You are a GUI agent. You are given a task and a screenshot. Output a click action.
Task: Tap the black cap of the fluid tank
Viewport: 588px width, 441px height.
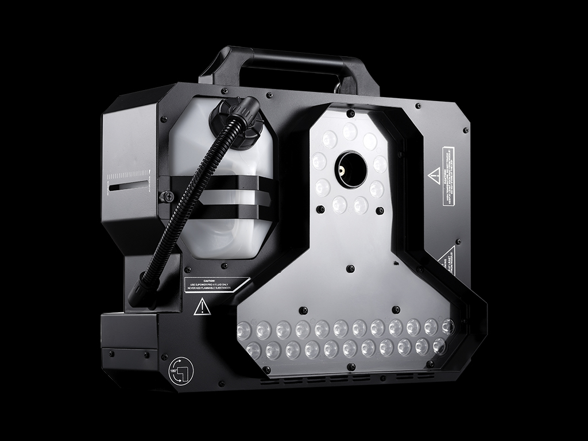click(235, 118)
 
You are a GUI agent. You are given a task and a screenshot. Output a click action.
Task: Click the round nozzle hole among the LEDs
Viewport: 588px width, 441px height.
click(351, 170)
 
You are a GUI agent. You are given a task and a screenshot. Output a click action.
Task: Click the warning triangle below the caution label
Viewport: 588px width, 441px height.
click(202, 307)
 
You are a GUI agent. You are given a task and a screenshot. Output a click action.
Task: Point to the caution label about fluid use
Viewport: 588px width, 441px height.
click(216, 284)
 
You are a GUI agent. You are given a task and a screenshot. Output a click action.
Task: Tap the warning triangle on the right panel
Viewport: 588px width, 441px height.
click(435, 176)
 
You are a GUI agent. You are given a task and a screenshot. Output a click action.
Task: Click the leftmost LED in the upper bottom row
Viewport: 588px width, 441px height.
click(245, 330)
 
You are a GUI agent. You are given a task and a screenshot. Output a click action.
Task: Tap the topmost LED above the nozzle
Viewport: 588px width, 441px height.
click(350, 132)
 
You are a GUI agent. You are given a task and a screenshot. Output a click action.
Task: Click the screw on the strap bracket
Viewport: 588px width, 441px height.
click(167, 196)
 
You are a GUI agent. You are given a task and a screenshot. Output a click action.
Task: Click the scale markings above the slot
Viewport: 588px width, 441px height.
click(131, 175)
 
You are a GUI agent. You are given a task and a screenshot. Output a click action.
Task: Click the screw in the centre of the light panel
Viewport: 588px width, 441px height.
click(350, 268)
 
